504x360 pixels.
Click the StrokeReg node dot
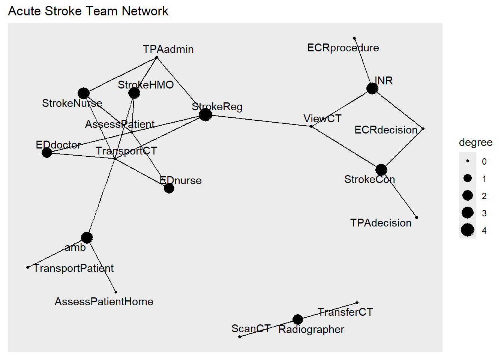coord(205,114)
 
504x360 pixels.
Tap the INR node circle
coord(372,88)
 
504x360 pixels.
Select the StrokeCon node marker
coord(381,170)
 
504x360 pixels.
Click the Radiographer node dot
coord(297,319)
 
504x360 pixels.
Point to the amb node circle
coord(87,237)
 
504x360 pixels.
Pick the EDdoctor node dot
coord(47,153)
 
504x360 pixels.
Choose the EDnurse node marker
coord(169,188)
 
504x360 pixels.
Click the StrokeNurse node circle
coord(84,93)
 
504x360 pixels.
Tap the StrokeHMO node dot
coord(134,93)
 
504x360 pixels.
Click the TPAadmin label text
coord(168,49)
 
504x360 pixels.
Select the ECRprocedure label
coord(343,48)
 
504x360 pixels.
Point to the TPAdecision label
coord(381,223)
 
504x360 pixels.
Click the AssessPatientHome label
coord(104,301)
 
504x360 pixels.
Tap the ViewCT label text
coord(322,118)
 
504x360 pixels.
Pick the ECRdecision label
coord(386,130)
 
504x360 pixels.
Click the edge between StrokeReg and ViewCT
coord(259,120)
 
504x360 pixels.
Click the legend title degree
coord(475,142)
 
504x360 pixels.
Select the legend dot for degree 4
coord(468,230)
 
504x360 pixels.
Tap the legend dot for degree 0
coord(468,161)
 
